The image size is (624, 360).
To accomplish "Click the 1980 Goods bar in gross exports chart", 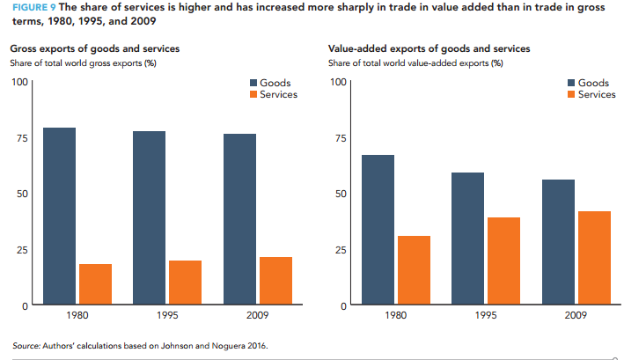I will pos(59,216).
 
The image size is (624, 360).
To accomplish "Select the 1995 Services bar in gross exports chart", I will pos(185,283).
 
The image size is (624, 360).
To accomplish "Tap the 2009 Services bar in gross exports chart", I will pos(275,281).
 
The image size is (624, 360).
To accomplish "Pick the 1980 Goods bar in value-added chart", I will pos(378,230).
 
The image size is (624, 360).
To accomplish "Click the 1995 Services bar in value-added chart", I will pos(503,261).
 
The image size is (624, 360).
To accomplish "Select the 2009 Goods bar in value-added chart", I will pos(559,242).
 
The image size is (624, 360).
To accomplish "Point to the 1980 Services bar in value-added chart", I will pos(413,270).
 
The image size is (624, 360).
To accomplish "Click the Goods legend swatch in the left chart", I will pos(254,83).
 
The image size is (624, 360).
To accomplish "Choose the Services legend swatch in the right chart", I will pos(569,94).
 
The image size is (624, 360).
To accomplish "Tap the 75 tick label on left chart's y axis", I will pos(20,138).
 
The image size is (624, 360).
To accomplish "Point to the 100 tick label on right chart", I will pos(334,83).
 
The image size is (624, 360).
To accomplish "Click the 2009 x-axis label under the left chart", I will pos(258,313).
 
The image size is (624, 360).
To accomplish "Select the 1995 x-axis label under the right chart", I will pos(487,313).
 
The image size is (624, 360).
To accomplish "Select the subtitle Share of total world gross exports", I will pos(83,62).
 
